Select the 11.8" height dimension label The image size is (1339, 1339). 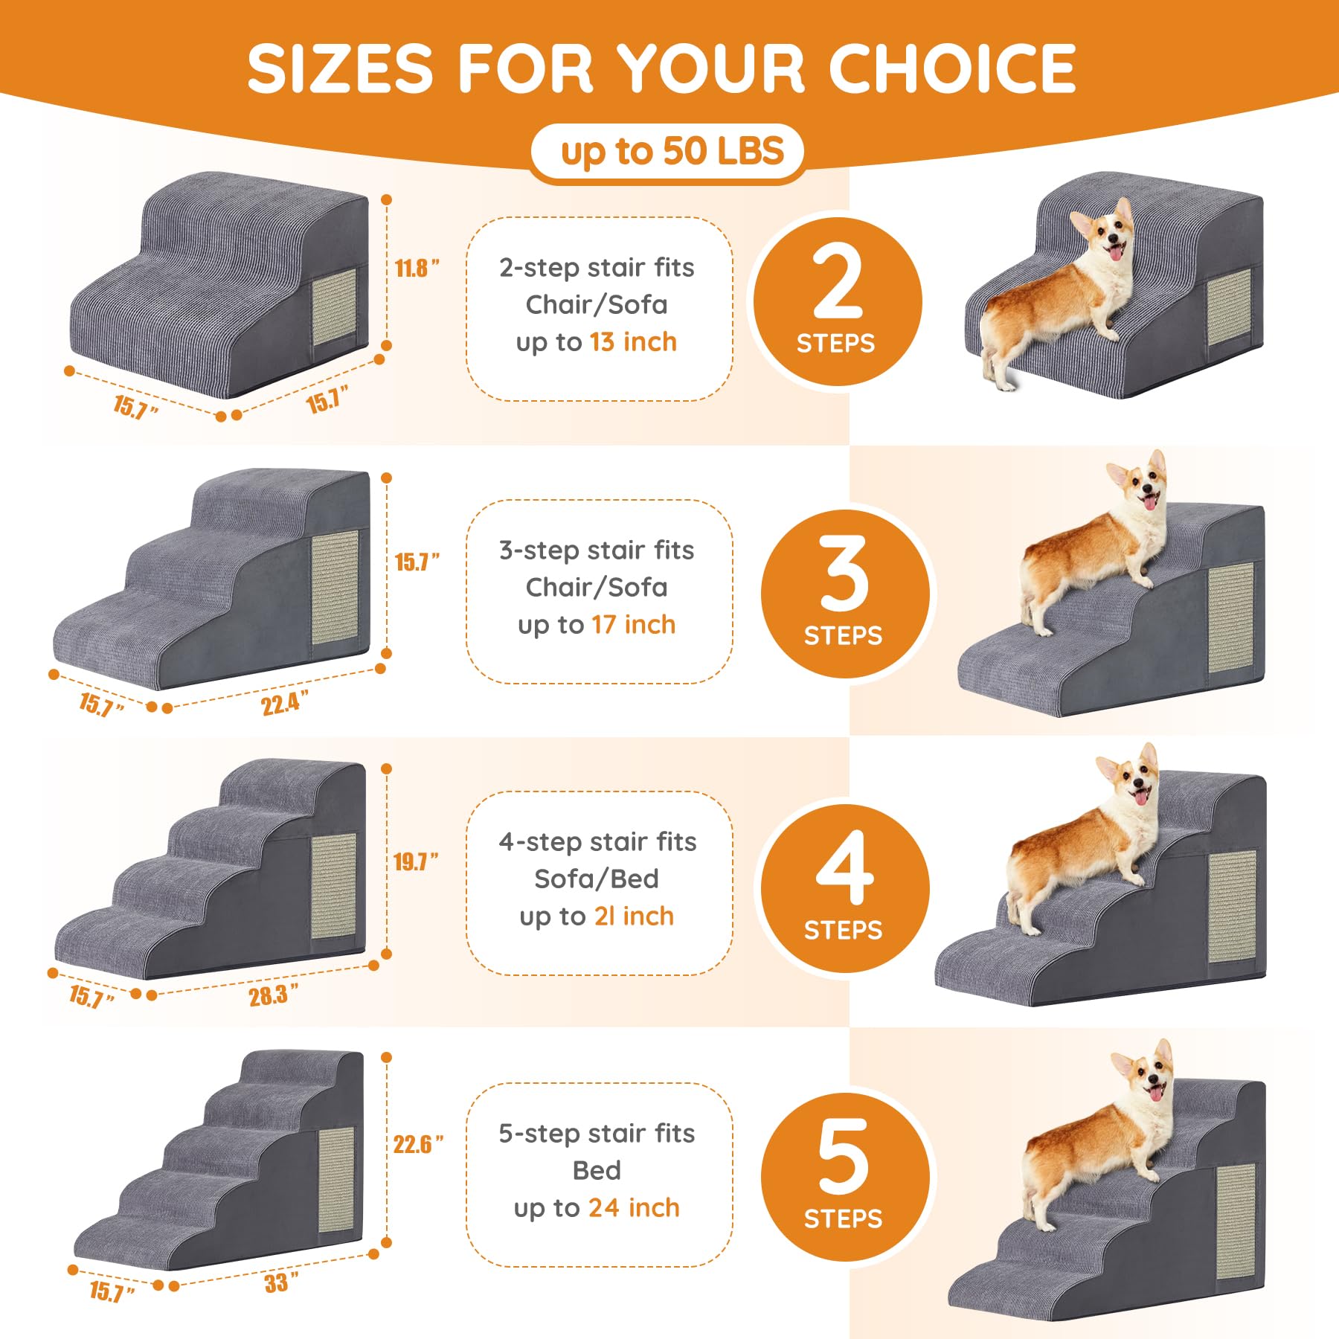coord(416,268)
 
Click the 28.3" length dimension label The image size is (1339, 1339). coord(273,995)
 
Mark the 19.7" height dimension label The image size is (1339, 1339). coord(415,861)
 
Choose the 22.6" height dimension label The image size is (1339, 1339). coord(418,1144)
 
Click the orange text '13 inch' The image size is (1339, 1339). coord(633,342)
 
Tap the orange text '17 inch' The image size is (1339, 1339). coord(633,625)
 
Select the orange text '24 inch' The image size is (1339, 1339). coord(634,1208)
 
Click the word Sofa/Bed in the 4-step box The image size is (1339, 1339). coord(597,879)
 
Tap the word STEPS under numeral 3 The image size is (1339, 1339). coord(843,636)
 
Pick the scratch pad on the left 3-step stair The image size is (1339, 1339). coord(335,587)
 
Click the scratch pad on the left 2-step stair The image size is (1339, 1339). coord(334,307)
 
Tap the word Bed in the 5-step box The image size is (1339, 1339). coord(597,1171)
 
